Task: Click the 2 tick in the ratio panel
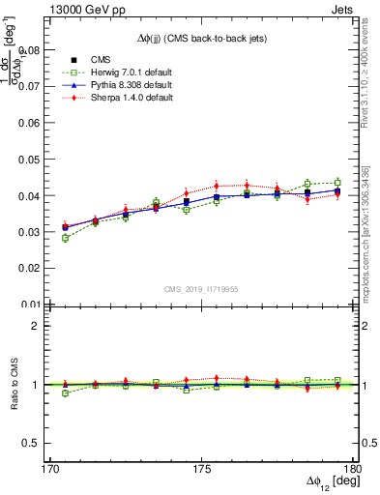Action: click(x=40, y=326)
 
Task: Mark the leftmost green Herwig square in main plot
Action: click(x=65, y=238)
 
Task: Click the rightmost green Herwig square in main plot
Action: click(x=337, y=182)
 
